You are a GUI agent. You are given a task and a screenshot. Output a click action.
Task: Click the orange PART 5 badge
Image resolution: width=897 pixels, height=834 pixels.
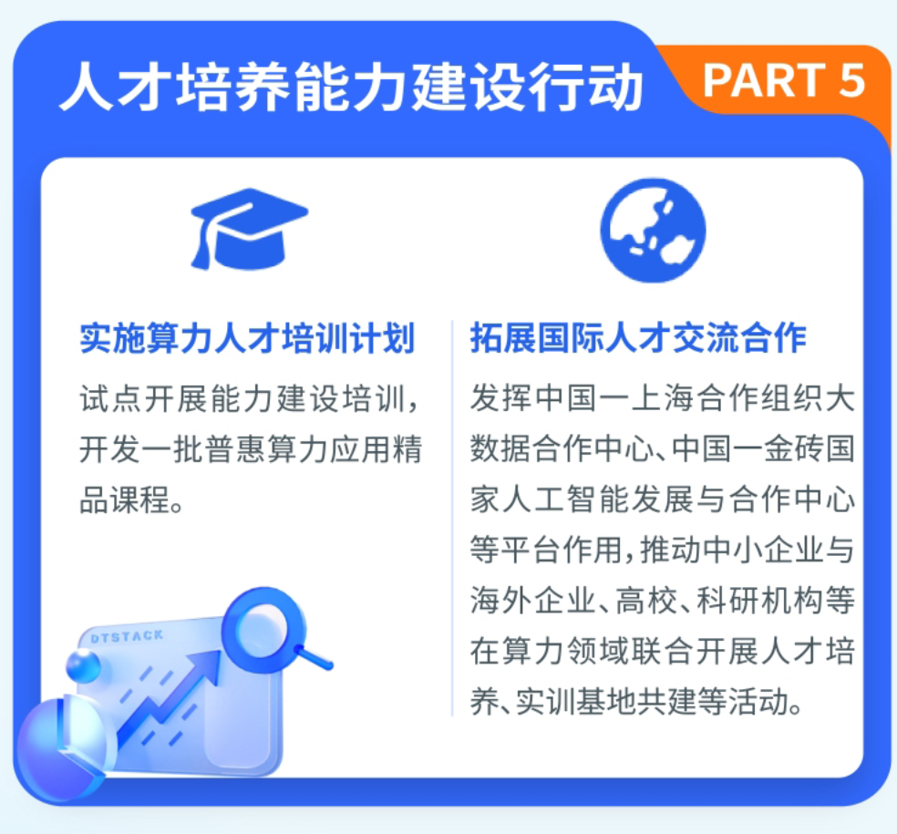pos(783,81)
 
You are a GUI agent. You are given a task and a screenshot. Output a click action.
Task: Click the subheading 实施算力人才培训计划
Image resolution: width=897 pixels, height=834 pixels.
pos(247,338)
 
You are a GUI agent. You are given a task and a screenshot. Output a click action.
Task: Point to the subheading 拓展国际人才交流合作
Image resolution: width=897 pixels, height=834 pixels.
pos(638,338)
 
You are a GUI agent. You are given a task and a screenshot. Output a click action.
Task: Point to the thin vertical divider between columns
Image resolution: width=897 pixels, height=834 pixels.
pos(451,520)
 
